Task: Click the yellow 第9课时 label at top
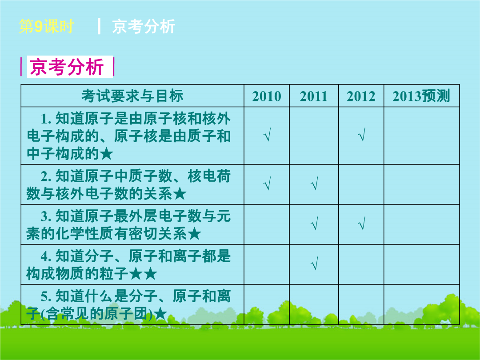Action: (46, 26)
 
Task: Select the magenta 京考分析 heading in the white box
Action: (67, 66)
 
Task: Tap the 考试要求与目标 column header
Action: (132, 96)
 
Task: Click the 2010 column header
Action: (267, 96)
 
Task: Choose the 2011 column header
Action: (314, 96)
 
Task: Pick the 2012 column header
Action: (361, 96)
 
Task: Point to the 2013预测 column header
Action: (421, 96)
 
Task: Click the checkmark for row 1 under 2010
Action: (267, 135)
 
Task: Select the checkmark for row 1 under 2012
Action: (361, 135)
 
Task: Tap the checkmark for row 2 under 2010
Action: (267, 184)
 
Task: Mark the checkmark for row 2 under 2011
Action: (314, 184)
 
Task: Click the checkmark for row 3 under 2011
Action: (314, 224)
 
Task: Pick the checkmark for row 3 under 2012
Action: (361, 224)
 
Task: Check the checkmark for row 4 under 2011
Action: (314, 264)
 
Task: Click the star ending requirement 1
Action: (107, 154)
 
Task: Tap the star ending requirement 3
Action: (194, 234)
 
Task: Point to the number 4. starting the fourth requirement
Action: (46, 256)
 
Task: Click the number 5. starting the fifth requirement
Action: (46, 296)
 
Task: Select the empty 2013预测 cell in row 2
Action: (421, 184)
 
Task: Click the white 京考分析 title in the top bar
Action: (144, 26)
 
